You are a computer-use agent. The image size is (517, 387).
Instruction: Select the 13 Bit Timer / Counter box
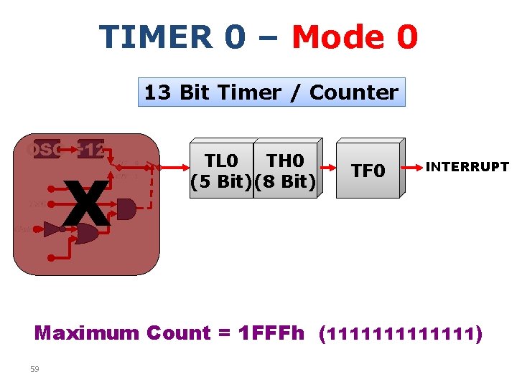(271, 92)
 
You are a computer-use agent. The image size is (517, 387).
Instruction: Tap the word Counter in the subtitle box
(353, 92)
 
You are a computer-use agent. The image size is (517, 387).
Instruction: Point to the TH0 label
(285, 160)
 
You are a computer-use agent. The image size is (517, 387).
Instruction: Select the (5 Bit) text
(221, 181)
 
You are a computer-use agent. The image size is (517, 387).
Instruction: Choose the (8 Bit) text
(286, 181)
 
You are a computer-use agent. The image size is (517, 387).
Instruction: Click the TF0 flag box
(368, 171)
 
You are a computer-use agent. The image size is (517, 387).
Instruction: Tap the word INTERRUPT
(467, 168)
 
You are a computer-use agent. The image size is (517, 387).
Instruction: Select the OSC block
(43, 150)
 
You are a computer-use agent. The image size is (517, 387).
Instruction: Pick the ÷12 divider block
(91, 150)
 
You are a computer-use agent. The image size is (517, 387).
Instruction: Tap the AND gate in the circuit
(126, 209)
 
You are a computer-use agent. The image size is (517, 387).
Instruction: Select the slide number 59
(35, 369)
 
